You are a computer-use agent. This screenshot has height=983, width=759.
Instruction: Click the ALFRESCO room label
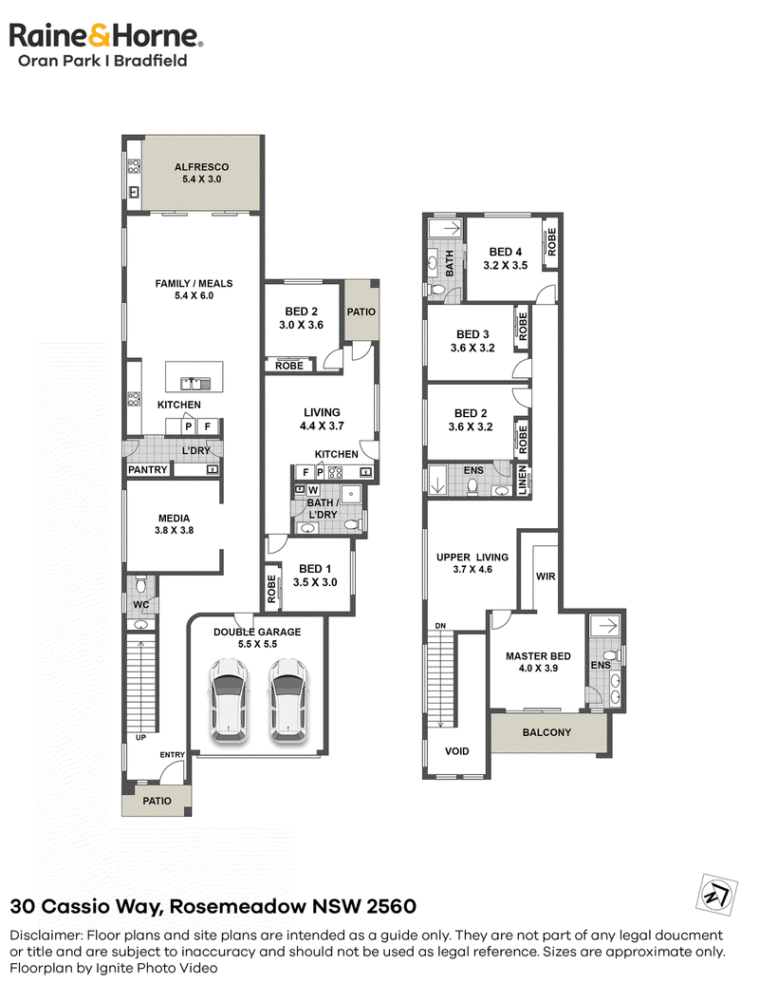(x=202, y=167)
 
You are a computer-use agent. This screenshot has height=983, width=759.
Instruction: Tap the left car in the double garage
(x=229, y=700)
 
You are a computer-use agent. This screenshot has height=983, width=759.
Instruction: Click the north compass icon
(x=716, y=894)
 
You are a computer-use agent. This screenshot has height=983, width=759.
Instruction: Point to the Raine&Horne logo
(x=106, y=45)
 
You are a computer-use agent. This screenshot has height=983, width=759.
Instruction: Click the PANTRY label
(x=148, y=469)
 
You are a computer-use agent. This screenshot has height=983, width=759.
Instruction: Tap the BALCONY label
(x=546, y=732)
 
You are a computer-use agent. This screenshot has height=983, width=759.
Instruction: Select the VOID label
(x=456, y=751)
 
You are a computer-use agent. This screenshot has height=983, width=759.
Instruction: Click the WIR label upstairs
(x=546, y=577)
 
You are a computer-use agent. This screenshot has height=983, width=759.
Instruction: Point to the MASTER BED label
(x=538, y=655)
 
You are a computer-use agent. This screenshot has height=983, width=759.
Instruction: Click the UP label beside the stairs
(x=141, y=738)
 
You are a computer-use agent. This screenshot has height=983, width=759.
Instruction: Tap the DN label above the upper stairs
(x=440, y=626)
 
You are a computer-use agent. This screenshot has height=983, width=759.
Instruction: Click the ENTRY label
(x=173, y=755)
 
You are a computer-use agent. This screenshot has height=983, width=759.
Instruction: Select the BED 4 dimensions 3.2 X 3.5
(x=506, y=265)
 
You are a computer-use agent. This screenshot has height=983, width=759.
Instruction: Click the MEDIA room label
(x=174, y=519)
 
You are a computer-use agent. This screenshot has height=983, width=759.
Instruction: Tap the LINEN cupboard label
(x=523, y=481)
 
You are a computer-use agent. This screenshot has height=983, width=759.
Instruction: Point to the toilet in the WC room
(x=140, y=586)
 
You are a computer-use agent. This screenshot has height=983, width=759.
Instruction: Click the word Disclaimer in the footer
(x=46, y=936)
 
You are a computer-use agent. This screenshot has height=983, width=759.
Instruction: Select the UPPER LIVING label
(x=472, y=558)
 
